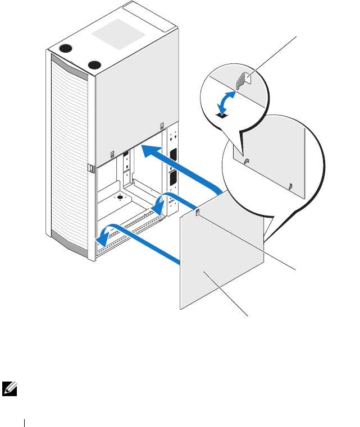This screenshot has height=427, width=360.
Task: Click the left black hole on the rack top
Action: [66, 48]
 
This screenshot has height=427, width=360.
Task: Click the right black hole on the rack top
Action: [94, 63]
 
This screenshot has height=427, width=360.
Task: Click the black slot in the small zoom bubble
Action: [222, 116]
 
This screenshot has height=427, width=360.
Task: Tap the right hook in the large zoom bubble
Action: [290, 186]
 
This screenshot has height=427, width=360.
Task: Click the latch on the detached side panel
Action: [197, 212]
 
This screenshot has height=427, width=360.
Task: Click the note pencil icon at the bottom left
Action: [10, 386]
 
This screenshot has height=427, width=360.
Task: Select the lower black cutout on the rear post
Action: [172, 179]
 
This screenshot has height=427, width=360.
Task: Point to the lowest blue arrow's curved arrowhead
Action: [102, 237]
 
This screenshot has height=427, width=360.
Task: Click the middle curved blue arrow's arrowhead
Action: [162, 206]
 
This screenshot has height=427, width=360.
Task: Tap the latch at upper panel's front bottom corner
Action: [111, 155]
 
